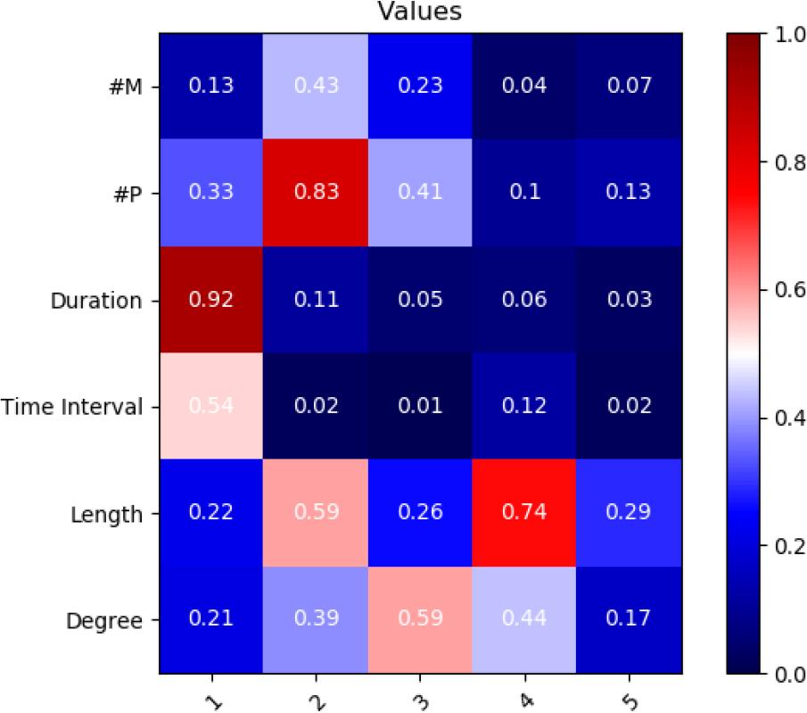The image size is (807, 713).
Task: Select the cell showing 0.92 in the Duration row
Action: (210, 300)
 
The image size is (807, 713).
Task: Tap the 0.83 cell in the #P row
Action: (317, 193)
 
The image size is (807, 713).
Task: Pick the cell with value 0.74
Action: (525, 513)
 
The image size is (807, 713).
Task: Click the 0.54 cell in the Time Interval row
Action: (210, 407)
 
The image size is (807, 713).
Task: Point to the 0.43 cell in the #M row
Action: (317, 86)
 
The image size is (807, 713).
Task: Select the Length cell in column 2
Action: (317, 513)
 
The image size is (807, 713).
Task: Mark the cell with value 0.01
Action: (421, 407)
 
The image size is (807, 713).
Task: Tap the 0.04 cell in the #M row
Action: (525, 86)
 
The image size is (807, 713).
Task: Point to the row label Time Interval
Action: (71, 408)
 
